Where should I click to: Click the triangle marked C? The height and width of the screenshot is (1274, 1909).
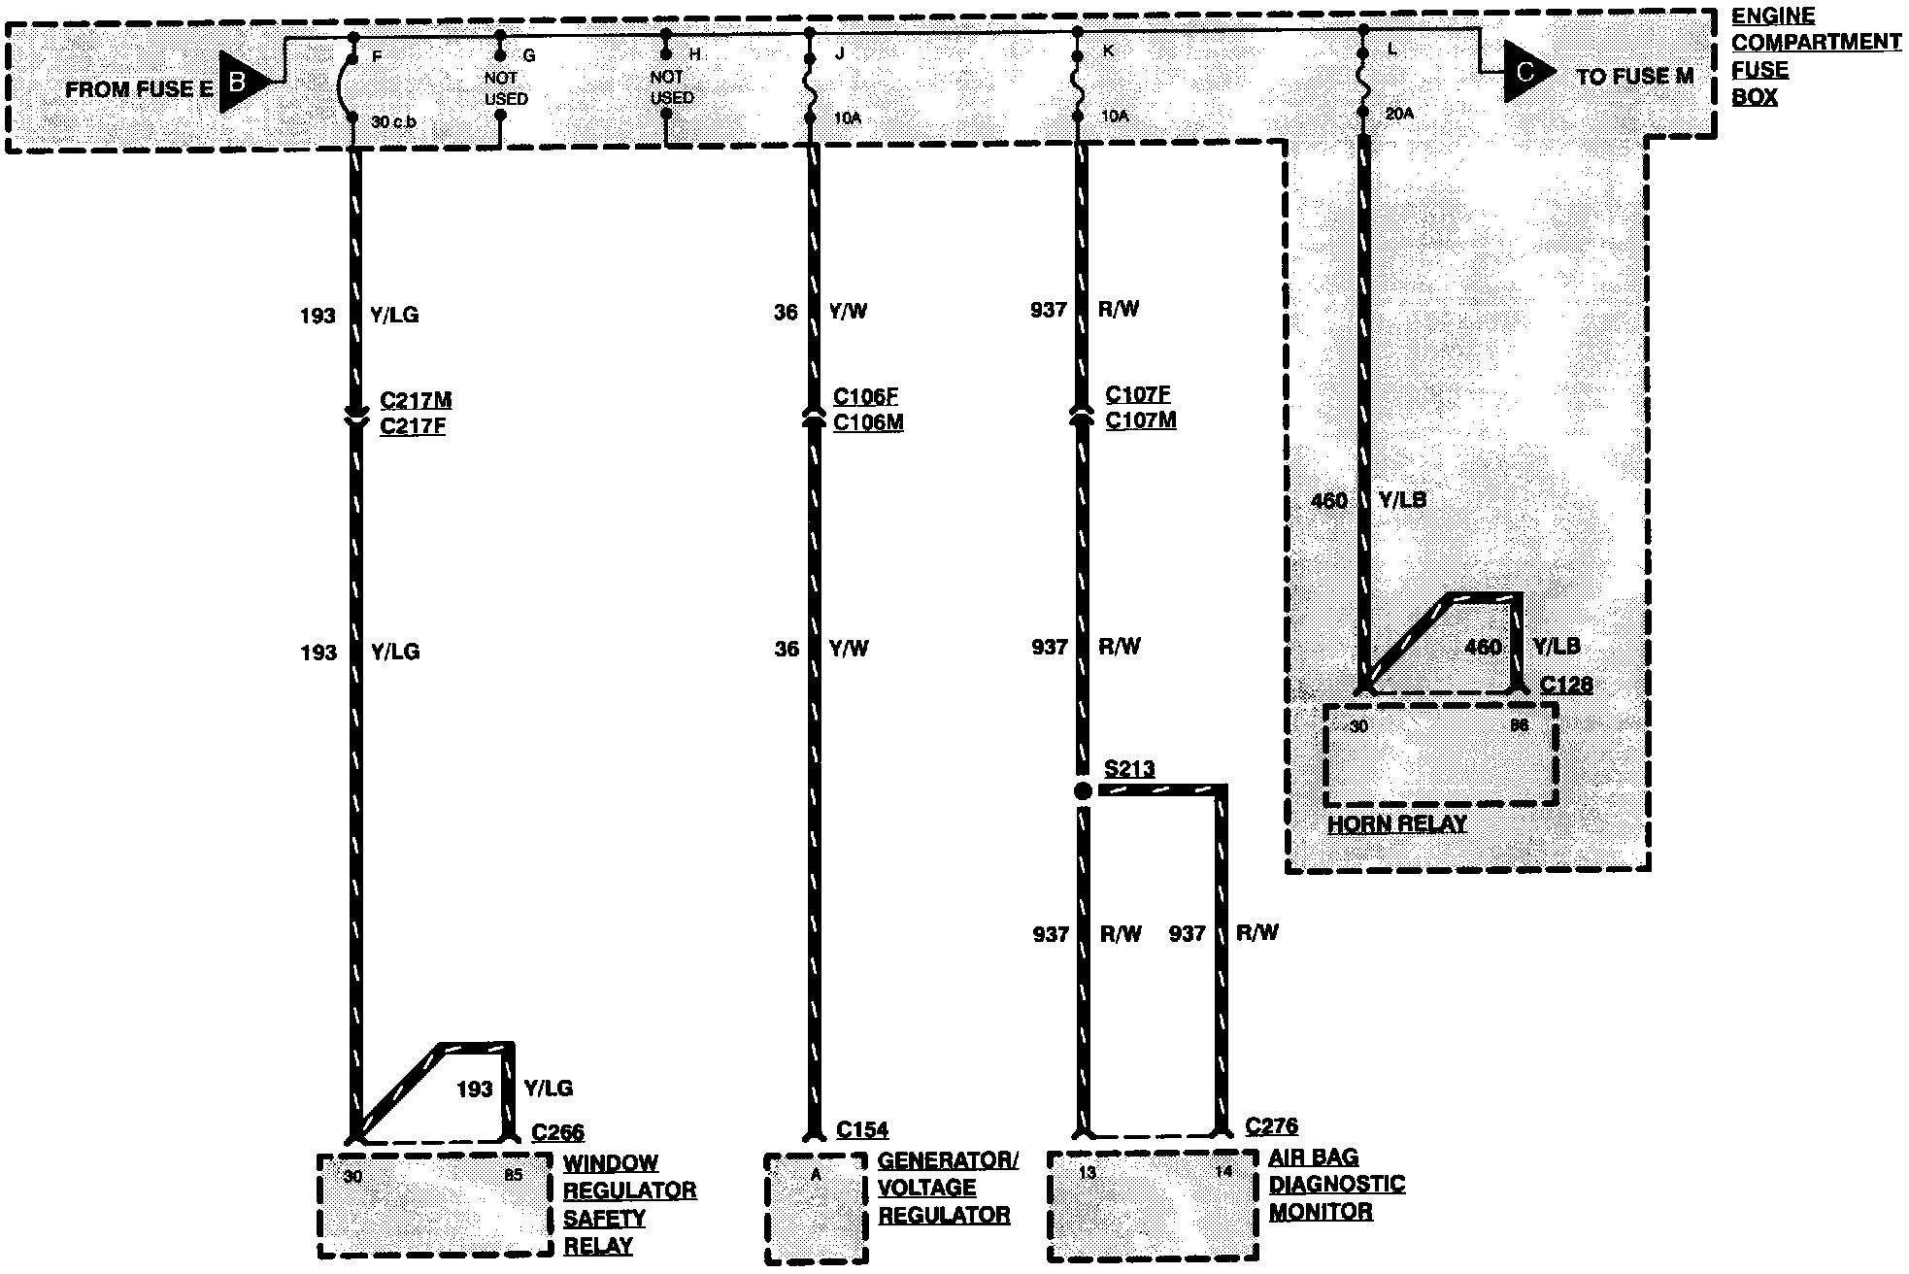(1527, 72)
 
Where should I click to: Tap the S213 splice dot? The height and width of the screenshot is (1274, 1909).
(1084, 790)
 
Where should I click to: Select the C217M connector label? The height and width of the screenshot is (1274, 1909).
(416, 399)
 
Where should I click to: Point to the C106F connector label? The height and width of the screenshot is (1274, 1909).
(865, 396)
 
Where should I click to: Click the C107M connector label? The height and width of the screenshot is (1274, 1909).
(1141, 420)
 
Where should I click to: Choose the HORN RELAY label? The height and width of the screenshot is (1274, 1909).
(1397, 824)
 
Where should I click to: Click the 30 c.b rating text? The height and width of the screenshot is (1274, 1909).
(394, 122)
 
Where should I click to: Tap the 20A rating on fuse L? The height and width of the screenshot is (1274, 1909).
(1399, 113)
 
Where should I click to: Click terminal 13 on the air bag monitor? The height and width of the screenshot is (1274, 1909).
(1088, 1173)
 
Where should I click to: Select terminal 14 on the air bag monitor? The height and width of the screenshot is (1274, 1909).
(1223, 1171)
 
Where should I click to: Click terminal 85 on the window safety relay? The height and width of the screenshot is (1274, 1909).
(513, 1175)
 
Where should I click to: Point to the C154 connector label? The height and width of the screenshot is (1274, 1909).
(862, 1130)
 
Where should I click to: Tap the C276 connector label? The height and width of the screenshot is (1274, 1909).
(1272, 1126)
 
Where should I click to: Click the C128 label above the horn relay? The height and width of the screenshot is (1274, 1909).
(1566, 685)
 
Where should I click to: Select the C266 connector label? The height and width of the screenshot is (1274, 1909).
(557, 1132)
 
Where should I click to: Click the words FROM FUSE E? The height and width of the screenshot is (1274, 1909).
(139, 90)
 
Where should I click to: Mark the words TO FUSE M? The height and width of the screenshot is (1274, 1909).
(1635, 77)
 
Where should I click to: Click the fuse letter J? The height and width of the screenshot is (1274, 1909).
(839, 54)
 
